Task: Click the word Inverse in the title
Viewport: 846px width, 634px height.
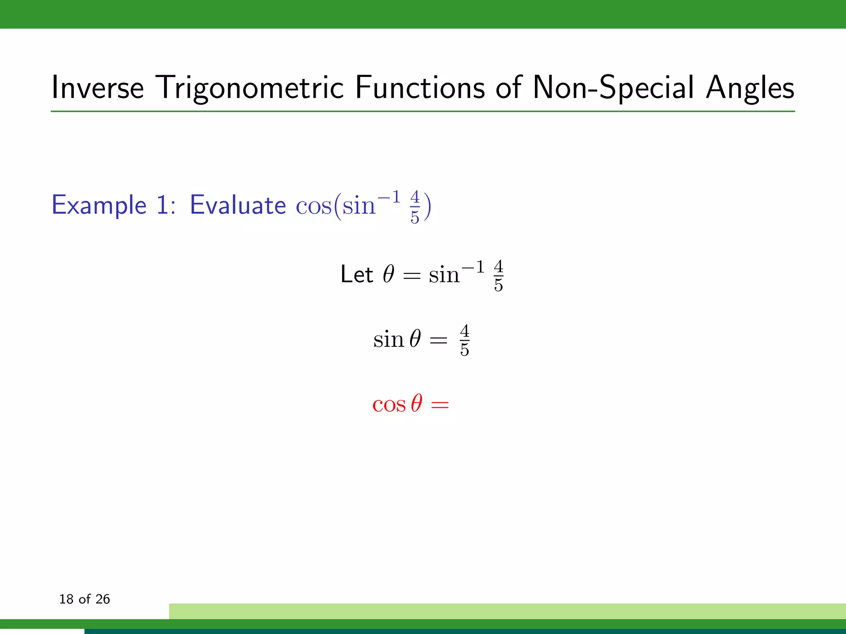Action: (97, 88)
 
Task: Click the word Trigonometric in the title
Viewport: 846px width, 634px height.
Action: (250, 88)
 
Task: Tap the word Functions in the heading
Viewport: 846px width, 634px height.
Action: (420, 88)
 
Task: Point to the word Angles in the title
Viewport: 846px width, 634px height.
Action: (750, 88)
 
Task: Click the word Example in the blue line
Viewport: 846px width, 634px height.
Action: (99, 205)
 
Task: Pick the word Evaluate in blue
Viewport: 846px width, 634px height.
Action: (238, 205)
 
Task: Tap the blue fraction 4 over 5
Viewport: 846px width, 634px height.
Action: (415, 207)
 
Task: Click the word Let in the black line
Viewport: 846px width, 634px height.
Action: (356, 274)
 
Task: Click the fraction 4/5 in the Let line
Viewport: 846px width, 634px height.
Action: (498, 276)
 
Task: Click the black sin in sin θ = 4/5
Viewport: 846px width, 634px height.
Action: (388, 340)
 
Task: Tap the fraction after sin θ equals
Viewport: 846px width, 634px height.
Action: (464, 340)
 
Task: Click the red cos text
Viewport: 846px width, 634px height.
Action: (389, 405)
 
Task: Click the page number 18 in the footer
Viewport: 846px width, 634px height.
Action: (66, 599)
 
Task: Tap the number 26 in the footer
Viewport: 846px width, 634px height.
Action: (102, 599)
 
